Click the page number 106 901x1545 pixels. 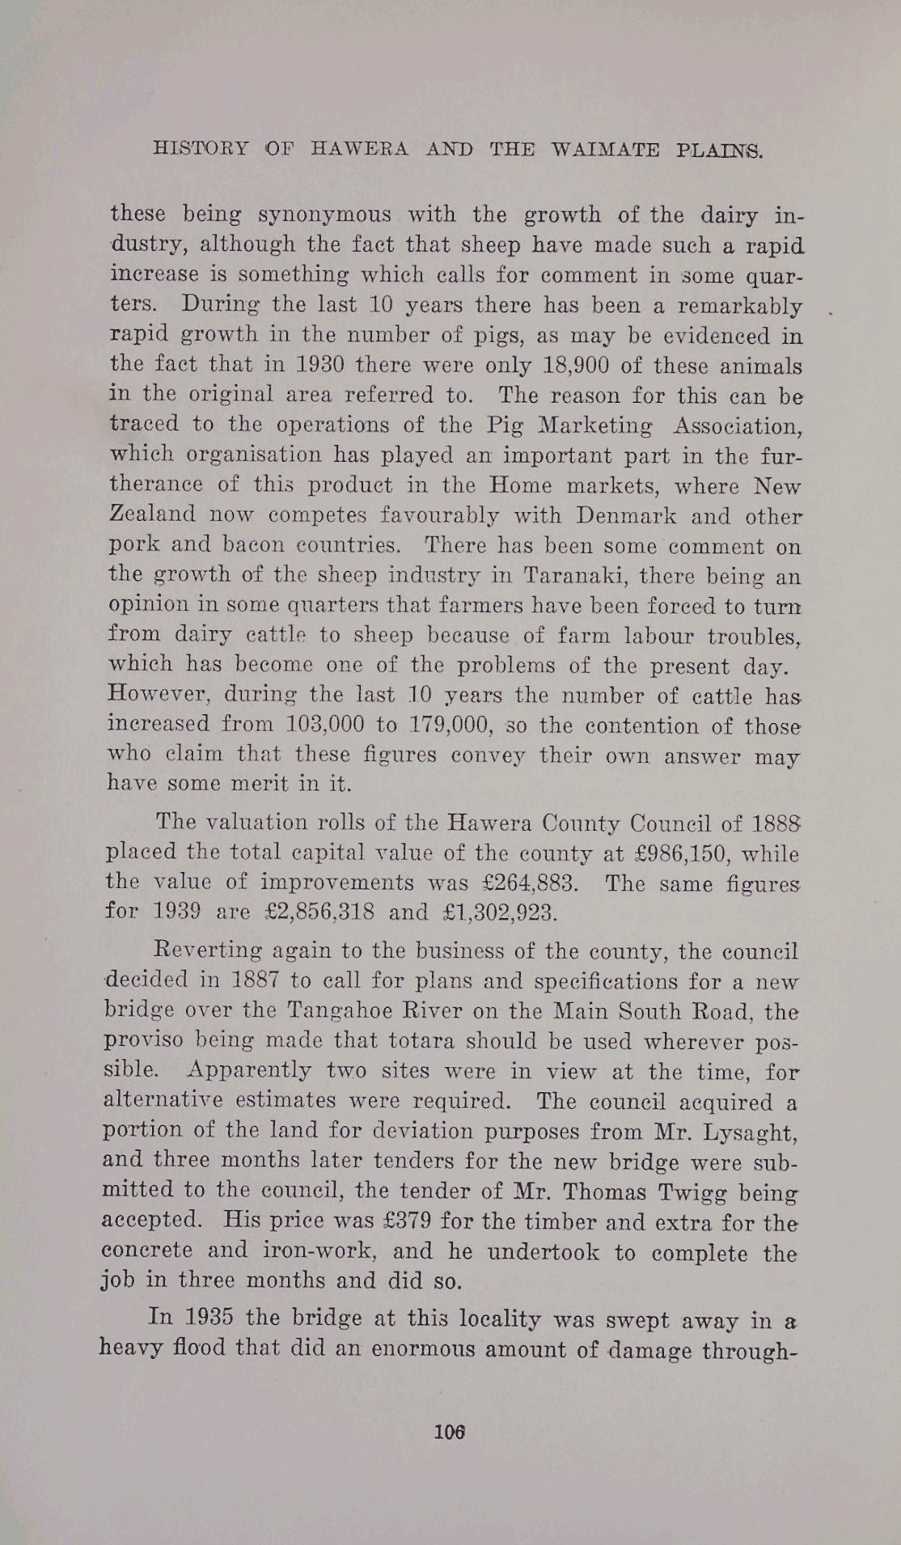tap(450, 1432)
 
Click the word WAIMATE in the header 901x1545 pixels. tap(605, 150)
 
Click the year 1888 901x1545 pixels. tap(776, 823)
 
